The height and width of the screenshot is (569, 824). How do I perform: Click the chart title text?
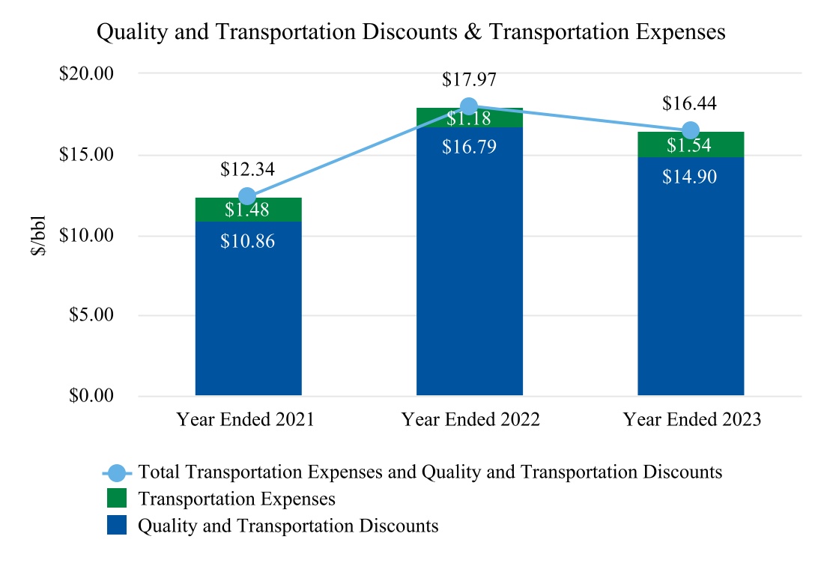pos(411,32)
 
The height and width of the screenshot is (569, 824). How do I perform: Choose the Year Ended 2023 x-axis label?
pos(691,419)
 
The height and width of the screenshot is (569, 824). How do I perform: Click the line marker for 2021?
pos(247,197)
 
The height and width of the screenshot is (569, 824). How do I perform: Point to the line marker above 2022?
pos(469,106)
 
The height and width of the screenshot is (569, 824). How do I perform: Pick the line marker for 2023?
pos(691,131)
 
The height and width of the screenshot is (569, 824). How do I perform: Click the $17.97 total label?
pos(469,79)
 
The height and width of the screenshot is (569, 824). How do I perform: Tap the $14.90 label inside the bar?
pos(690,177)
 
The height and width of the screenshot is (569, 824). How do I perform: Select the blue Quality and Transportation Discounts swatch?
pos(117,526)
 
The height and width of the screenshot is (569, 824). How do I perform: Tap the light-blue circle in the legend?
pos(117,472)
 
